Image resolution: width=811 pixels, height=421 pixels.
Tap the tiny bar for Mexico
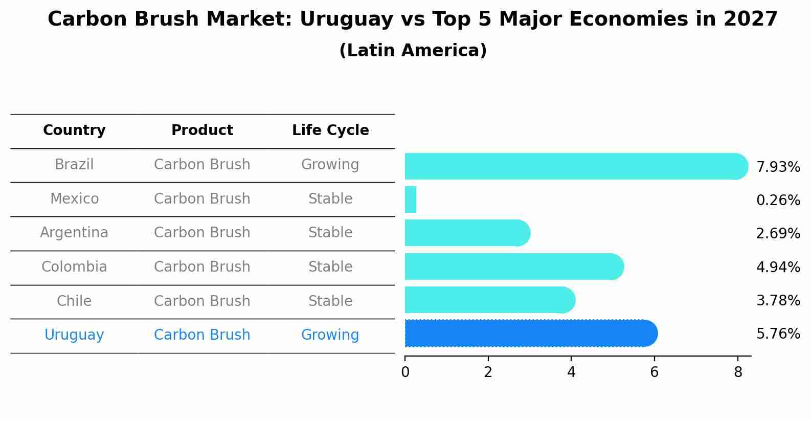pyautogui.click(x=411, y=200)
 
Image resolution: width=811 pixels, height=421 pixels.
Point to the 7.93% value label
pyautogui.click(x=778, y=167)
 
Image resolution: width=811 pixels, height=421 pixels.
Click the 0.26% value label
pyautogui.click(x=778, y=201)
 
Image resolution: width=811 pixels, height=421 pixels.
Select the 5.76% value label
pyautogui.click(x=778, y=334)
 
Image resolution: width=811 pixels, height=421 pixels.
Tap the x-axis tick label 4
pyautogui.click(x=571, y=372)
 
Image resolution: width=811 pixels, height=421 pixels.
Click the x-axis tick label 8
pyautogui.click(x=737, y=372)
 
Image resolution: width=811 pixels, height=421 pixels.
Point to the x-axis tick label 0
pyautogui.click(x=405, y=372)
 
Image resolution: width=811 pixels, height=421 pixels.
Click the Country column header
pyautogui.click(x=74, y=130)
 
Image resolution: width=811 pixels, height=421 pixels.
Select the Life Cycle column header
pyautogui.click(x=330, y=130)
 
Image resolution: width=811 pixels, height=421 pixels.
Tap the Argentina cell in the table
pyautogui.click(x=74, y=233)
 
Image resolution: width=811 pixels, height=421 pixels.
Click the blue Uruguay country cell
pyautogui.click(x=74, y=335)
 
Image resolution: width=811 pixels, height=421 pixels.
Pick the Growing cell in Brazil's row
pyautogui.click(x=330, y=165)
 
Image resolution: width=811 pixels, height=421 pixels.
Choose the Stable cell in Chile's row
pyautogui.click(x=330, y=301)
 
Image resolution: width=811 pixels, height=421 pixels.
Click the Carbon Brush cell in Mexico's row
pyautogui.click(x=202, y=199)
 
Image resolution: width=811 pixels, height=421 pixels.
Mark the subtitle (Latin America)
pyautogui.click(x=413, y=51)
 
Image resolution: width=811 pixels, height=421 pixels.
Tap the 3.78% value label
pyautogui.click(x=778, y=301)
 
